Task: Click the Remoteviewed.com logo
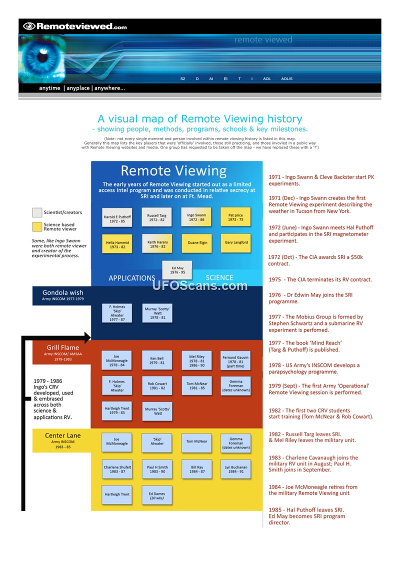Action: (75, 26)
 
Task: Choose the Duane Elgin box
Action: (196, 243)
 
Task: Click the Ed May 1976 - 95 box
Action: (177, 270)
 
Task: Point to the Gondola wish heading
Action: (63, 292)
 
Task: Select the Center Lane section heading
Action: (63, 435)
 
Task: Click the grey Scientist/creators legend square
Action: (36, 212)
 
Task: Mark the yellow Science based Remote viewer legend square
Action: (36, 227)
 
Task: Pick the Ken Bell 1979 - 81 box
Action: (156, 360)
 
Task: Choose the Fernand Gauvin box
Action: (235, 360)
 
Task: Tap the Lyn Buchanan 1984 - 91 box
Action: (235, 469)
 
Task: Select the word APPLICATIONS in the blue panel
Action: (132, 278)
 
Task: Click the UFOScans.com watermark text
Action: (200, 286)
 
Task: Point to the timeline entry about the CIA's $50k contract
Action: (315, 260)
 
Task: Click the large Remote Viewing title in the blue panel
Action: (173, 171)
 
